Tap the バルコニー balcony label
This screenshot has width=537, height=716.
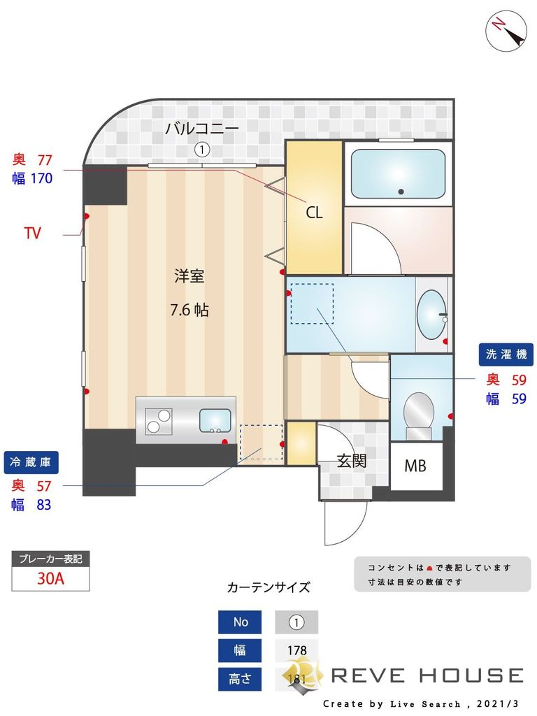(202, 129)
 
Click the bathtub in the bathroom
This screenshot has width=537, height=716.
(397, 173)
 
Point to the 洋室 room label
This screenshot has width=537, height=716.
(189, 276)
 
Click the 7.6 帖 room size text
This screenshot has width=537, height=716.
(189, 310)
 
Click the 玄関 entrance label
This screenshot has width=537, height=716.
(352, 461)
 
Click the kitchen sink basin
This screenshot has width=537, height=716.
(217, 420)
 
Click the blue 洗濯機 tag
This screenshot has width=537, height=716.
(506, 354)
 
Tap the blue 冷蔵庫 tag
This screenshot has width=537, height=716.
(31, 461)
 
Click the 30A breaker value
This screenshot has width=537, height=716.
(50, 579)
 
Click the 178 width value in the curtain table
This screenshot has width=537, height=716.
(296, 650)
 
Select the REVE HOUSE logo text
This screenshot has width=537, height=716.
(427, 675)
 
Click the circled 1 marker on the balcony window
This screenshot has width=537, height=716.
(202, 149)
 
